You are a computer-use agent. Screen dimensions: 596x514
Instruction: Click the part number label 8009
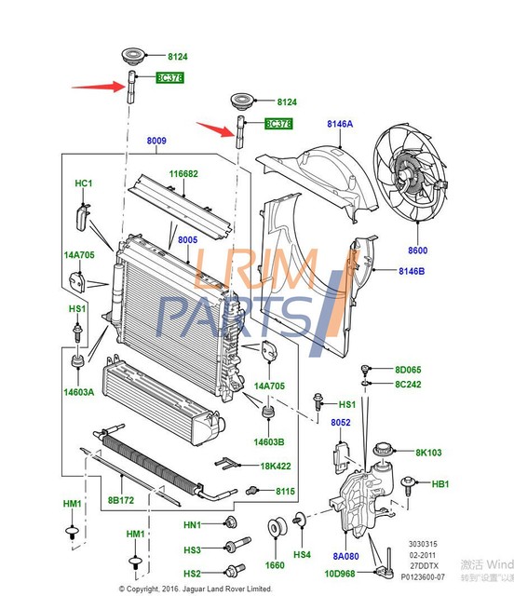(156, 142)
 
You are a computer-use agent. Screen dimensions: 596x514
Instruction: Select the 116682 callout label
(183, 174)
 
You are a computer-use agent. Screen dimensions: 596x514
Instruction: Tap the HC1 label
(84, 183)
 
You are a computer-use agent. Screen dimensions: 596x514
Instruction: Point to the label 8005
(188, 240)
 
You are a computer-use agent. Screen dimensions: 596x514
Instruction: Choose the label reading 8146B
(411, 271)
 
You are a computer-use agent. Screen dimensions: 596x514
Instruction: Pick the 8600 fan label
(416, 251)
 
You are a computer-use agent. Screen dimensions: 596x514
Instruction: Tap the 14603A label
(79, 393)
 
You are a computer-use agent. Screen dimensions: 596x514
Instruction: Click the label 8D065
(408, 370)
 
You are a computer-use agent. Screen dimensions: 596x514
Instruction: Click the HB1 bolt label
(440, 484)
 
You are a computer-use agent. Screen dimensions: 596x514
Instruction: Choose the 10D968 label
(339, 574)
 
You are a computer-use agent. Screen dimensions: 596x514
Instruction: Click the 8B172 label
(121, 500)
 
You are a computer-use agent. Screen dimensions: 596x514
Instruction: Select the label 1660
(275, 564)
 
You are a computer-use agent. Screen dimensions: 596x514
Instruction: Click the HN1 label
(193, 524)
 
